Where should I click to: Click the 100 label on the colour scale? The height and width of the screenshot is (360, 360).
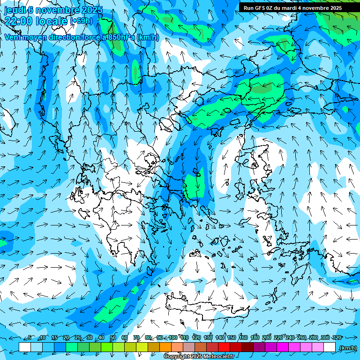[x=173, y=337]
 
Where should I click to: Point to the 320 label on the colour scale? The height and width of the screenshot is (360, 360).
[x=337, y=337]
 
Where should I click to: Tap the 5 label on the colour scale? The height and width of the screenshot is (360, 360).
[x=30, y=337]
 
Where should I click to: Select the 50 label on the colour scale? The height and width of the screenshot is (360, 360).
[x=113, y=337]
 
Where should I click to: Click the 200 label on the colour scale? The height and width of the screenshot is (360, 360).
[x=267, y=337]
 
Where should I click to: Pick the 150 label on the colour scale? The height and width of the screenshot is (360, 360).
[x=232, y=337]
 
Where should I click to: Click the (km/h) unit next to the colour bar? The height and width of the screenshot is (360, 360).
[x=347, y=348]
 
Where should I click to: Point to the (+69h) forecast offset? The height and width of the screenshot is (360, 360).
[x=81, y=21]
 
